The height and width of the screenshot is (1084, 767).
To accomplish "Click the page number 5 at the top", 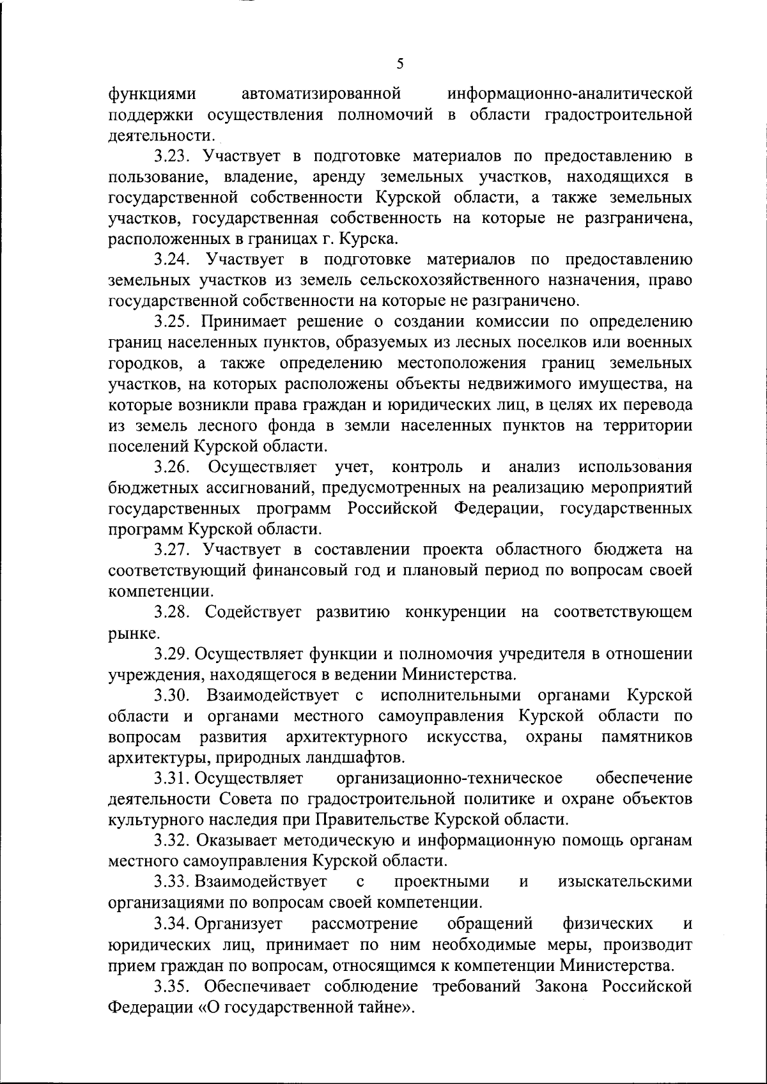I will tap(400, 63).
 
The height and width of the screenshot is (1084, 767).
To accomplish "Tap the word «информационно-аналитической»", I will tap(570, 94).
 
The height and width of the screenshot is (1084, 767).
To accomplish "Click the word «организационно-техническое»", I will tap(449, 778).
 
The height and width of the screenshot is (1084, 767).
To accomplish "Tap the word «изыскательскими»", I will tap(624, 882).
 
